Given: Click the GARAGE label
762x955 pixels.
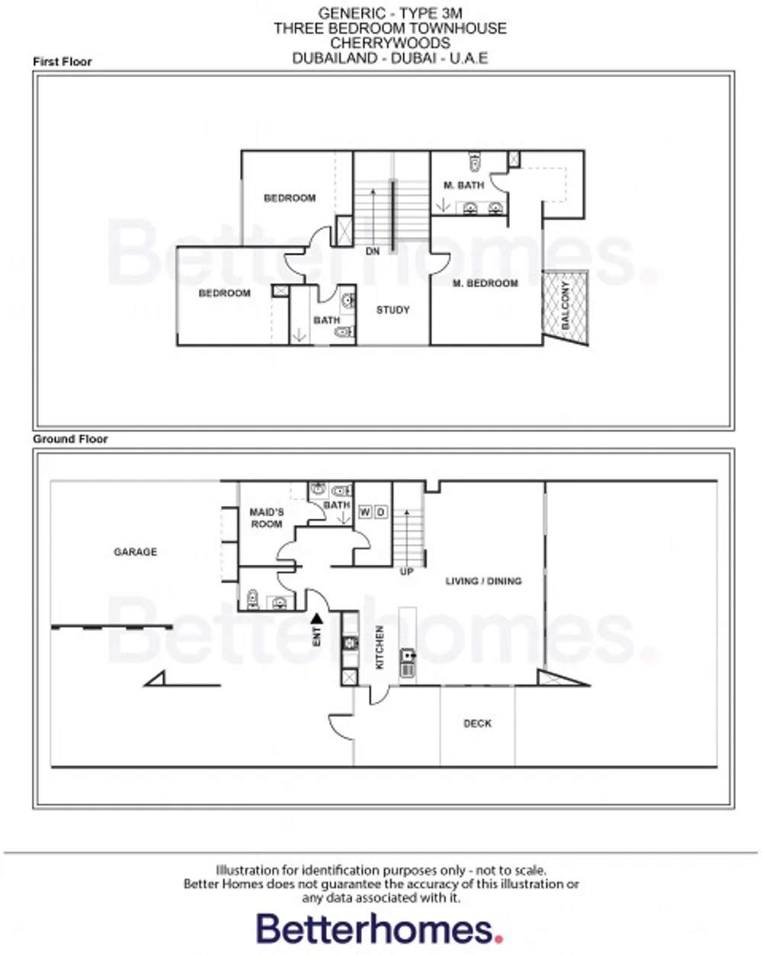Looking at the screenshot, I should pyautogui.click(x=135, y=552).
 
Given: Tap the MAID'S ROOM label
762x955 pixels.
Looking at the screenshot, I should pyautogui.click(x=266, y=518).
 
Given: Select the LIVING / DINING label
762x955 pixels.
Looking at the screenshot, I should pyautogui.click(x=483, y=581).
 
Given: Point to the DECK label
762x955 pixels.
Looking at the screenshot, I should pyautogui.click(x=477, y=723).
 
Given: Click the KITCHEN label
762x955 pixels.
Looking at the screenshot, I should pyautogui.click(x=379, y=647).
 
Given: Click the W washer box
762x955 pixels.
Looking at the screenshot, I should pyautogui.click(x=364, y=511).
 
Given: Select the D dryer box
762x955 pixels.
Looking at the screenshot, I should pyautogui.click(x=380, y=511).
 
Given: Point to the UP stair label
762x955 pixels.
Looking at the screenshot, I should pyautogui.click(x=407, y=571).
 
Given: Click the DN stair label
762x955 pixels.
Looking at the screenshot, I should pyautogui.click(x=372, y=252).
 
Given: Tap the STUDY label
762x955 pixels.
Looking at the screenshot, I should pyautogui.click(x=392, y=310).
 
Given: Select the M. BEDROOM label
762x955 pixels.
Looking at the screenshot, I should pyautogui.click(x=485, y=284).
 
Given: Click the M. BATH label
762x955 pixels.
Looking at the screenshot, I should pyautogui.click(x=463, y=185).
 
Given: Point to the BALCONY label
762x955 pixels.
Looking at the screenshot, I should pyautogui.click(x=565, y=305).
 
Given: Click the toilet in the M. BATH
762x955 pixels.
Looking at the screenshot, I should pyautogui.click(x=475, y=162).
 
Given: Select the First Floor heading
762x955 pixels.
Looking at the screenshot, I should pyautogui.click(x=62, y=62).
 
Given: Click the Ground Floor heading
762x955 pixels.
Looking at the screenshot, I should pyautogui.click(x=70, y=439).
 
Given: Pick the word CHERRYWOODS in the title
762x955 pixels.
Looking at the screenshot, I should pyautogui.click(x=389, y=43).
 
